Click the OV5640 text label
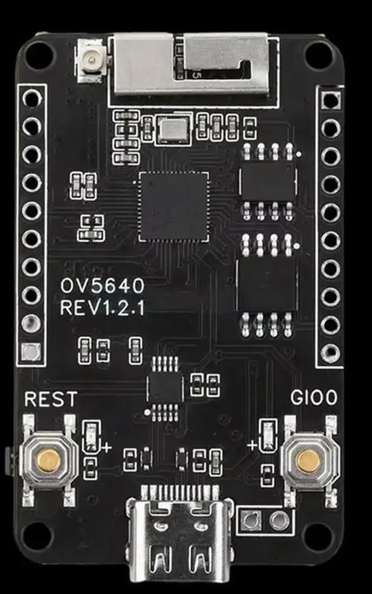pyautogui.click(x=102, y=286)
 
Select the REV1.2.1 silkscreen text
pyautogui.click(x=102, y=308)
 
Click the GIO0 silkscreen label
pyautogui.click(x=314, y=399)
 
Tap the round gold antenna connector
pyautogui.click(x=90, y=59)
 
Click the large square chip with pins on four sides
pyautogui.click(x=173, y=206)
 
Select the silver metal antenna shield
pyautogui.click(x=192, y=64)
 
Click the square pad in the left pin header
pyautogui.click(x=31, y=351)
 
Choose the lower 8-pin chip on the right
pyautogui.click(x=267, y=285)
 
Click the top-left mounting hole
pyautogui.click(x=38, y=56)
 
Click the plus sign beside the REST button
pyautogui.click(x=107, y=448)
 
